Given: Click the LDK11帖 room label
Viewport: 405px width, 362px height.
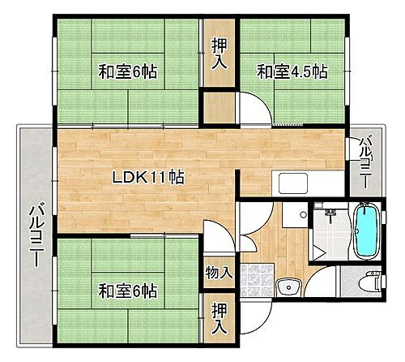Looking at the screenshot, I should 147,177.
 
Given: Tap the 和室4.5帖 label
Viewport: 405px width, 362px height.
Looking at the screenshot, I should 293,71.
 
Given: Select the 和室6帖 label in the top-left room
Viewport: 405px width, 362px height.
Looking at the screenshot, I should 128,71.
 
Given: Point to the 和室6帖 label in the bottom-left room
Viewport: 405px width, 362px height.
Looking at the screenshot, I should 128,290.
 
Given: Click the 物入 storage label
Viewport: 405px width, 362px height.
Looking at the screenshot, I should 218,272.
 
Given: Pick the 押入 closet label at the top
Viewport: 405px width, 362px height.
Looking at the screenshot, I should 219,53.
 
